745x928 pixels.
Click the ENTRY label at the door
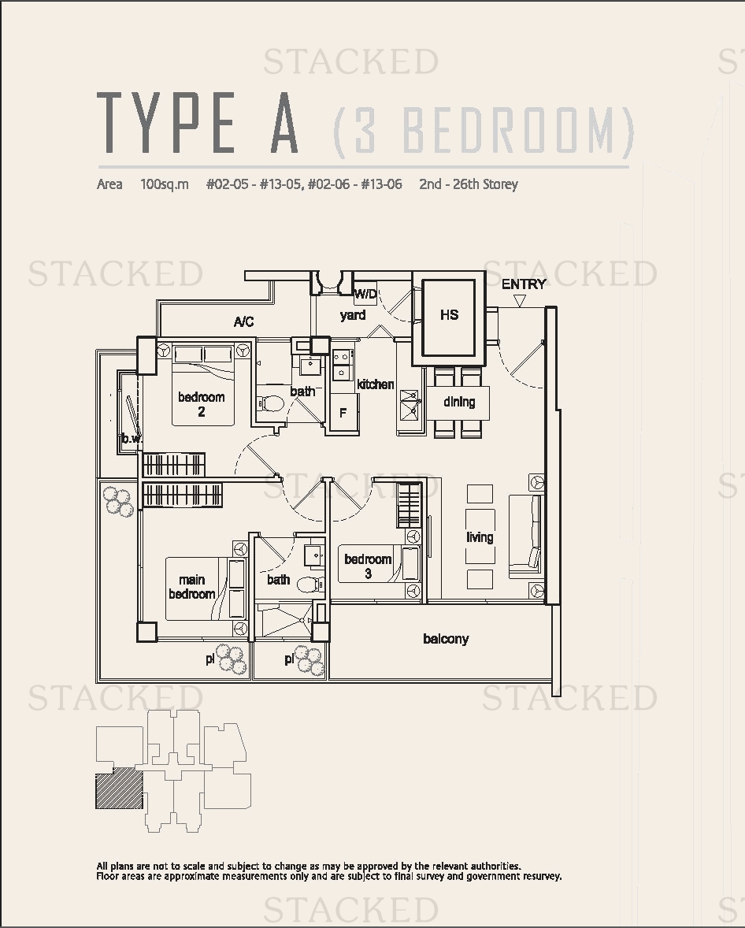pos(524,284)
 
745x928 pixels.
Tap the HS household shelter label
pos(449,314)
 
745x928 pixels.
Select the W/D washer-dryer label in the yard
pos(365,294)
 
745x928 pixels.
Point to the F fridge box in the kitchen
pos(343,412)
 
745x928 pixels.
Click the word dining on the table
pos(459,402)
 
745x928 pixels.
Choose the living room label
pos(480,536)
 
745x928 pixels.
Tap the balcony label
pos(446,639)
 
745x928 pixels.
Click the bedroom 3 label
pos(368,566)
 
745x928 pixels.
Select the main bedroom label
pos(191,587)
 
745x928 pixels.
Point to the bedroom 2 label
pos(201,403)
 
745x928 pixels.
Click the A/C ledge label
pos(243,321)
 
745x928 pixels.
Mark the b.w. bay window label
pos(132,439)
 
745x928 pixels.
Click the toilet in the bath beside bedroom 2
pos(272,404)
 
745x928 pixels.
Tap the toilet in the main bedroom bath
pos(309,585)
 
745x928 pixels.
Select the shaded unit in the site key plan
pos(119,789)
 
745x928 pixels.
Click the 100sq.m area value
pos(165,184)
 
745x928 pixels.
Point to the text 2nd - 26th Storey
pos(469,184)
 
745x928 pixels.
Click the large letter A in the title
pos(284,123)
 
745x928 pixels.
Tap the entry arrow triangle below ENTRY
pos(520,301)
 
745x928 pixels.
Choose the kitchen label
pos(375,384)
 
